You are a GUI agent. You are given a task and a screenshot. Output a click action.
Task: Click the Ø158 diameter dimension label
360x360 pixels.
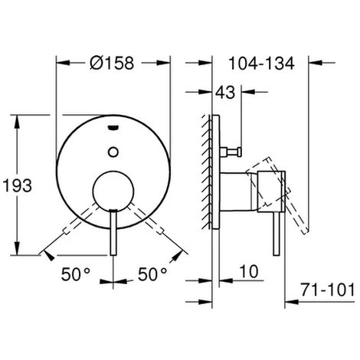112,63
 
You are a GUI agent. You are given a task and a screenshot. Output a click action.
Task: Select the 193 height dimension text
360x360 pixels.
18,185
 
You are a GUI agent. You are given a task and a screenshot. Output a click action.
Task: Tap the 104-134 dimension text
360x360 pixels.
262,64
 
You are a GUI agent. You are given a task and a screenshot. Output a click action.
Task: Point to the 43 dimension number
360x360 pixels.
225,92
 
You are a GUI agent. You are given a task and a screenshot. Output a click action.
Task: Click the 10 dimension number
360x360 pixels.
249,271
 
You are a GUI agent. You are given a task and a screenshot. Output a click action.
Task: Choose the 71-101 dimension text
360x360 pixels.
328,290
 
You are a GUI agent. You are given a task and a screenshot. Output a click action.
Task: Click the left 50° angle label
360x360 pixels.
76,274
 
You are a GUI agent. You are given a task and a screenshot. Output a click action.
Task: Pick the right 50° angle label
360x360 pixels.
152,274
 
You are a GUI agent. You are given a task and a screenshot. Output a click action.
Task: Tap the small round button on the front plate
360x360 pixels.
113,152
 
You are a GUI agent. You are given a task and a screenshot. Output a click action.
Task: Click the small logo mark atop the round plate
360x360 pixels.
113,127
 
